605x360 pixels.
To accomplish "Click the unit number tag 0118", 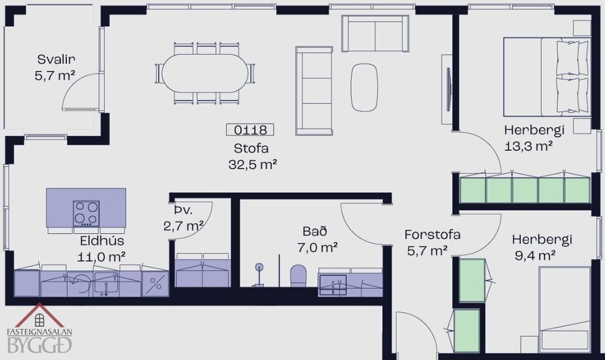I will coord(250,130).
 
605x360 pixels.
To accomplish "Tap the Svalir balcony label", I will coord(56,59).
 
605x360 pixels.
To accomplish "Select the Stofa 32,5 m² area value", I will coord(252,165).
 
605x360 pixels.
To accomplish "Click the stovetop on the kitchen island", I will coord(86,213).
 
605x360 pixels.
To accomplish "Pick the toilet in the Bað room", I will coord(299,275).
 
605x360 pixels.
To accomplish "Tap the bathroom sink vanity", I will coord(341,282).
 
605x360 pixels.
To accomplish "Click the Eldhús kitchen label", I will coord(102,240).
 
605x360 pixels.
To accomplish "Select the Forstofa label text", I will coord(432,235).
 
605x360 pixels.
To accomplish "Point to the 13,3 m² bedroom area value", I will coord(530,147).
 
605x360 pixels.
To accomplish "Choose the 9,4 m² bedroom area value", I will coord(533,255).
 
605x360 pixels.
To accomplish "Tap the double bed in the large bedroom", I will coord(546,76).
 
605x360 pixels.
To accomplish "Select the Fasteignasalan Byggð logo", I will coord(39,329).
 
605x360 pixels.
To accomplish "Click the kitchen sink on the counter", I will coord(107,284).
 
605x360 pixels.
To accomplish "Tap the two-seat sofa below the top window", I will coord(375,34).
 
